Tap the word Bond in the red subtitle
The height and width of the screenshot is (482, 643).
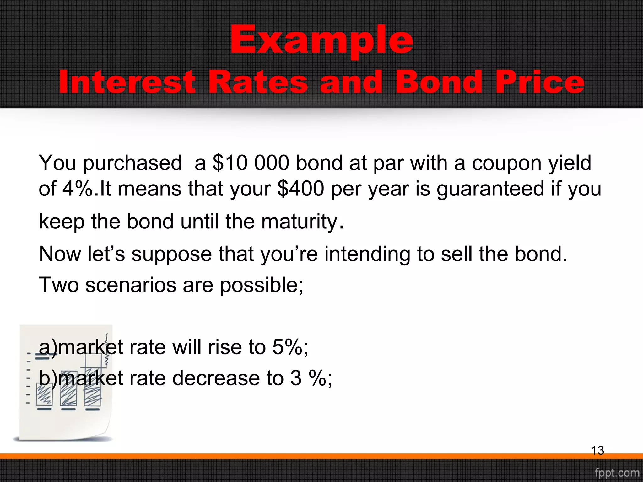(x=438, y=82)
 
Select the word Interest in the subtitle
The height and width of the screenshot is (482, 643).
(x=127, y=82)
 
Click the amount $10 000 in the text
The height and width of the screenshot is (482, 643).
(x=251, y=163)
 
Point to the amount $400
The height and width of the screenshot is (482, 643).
(x=301, y=189)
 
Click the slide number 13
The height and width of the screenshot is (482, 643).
(x=597, y=451)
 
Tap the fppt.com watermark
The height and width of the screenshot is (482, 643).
(x=617, y=473)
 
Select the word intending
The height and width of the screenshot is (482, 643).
(x=367, y=254)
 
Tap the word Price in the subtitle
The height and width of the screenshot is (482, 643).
(x=540, y=82)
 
